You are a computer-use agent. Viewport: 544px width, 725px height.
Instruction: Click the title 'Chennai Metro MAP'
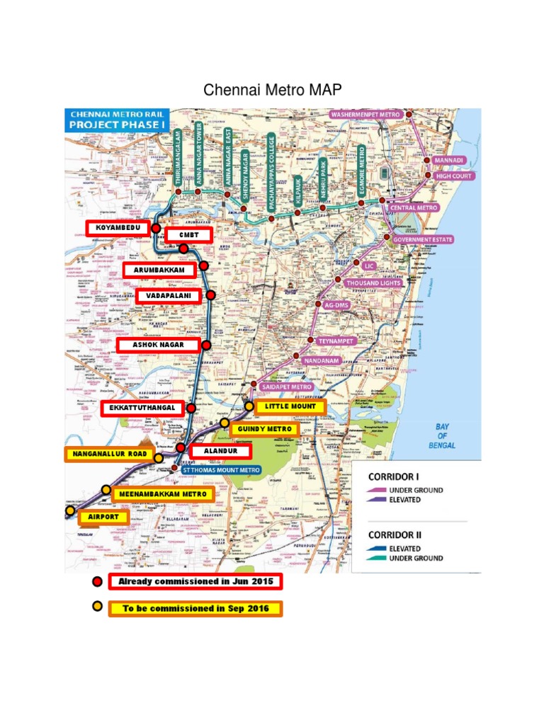point(272,90)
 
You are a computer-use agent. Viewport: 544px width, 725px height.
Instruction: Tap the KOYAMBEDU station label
point(118,228)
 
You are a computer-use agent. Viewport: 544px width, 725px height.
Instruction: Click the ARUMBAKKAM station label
point(159,270)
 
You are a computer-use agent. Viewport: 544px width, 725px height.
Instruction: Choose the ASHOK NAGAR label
point(158,345)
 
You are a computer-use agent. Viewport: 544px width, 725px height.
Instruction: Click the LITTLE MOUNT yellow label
point(290,407)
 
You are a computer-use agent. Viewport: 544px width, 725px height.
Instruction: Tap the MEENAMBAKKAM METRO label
point(163,494)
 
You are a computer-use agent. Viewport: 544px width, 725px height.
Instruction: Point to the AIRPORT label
point(104,517)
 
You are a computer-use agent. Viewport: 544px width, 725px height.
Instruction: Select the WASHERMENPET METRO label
point(366,114)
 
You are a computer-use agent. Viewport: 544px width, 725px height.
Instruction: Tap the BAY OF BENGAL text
point(446,435)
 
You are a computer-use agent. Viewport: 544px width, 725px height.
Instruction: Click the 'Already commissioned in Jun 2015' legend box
point(195,582)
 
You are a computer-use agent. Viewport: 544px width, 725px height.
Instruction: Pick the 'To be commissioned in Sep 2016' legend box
point(195,608)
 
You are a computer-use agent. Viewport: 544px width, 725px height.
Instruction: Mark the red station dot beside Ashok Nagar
point(206,346)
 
